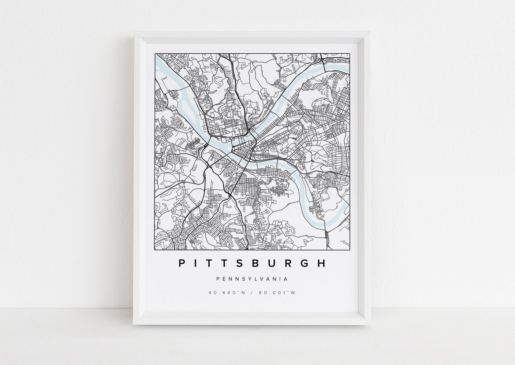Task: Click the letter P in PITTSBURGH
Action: point(182,263)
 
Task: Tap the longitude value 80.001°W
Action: point(277,292)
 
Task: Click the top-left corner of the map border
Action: point(155,54)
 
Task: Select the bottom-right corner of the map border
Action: point(350,249)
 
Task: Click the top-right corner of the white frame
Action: point(369,32)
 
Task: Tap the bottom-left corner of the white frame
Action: point(134,324)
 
